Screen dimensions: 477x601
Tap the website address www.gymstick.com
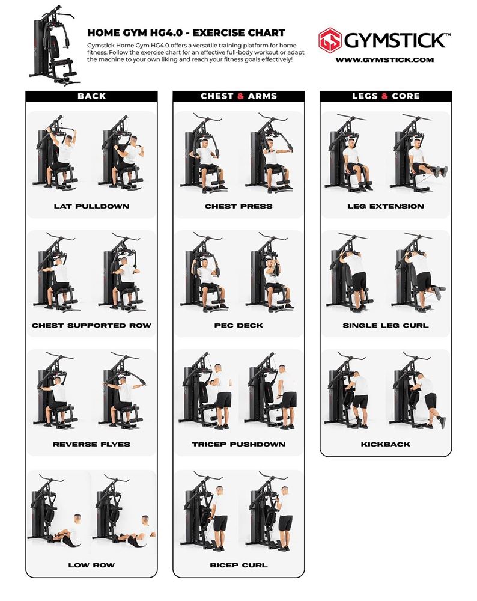[384, 59]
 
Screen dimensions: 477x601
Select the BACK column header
[91, 96]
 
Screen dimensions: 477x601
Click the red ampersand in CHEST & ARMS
[241, 96]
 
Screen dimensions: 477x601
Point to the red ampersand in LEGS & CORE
[384, 96]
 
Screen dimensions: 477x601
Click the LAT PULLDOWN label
[91, 206]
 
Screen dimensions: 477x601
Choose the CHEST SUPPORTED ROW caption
[91, 325]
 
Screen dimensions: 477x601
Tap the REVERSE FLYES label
[91, 444]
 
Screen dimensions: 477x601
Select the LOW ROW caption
[91, 565]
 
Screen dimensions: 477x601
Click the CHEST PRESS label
[239, 206]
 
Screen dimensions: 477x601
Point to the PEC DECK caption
[239, 325]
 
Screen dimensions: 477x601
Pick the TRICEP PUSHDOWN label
[239, 444]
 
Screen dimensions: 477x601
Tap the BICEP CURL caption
[239, 565]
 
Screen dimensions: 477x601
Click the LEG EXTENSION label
[386, 206]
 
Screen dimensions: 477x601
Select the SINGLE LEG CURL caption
[386, 325]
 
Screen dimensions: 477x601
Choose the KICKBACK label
[386, 444]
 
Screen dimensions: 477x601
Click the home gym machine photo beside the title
[53, 46]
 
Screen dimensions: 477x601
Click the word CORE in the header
[406, 96]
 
